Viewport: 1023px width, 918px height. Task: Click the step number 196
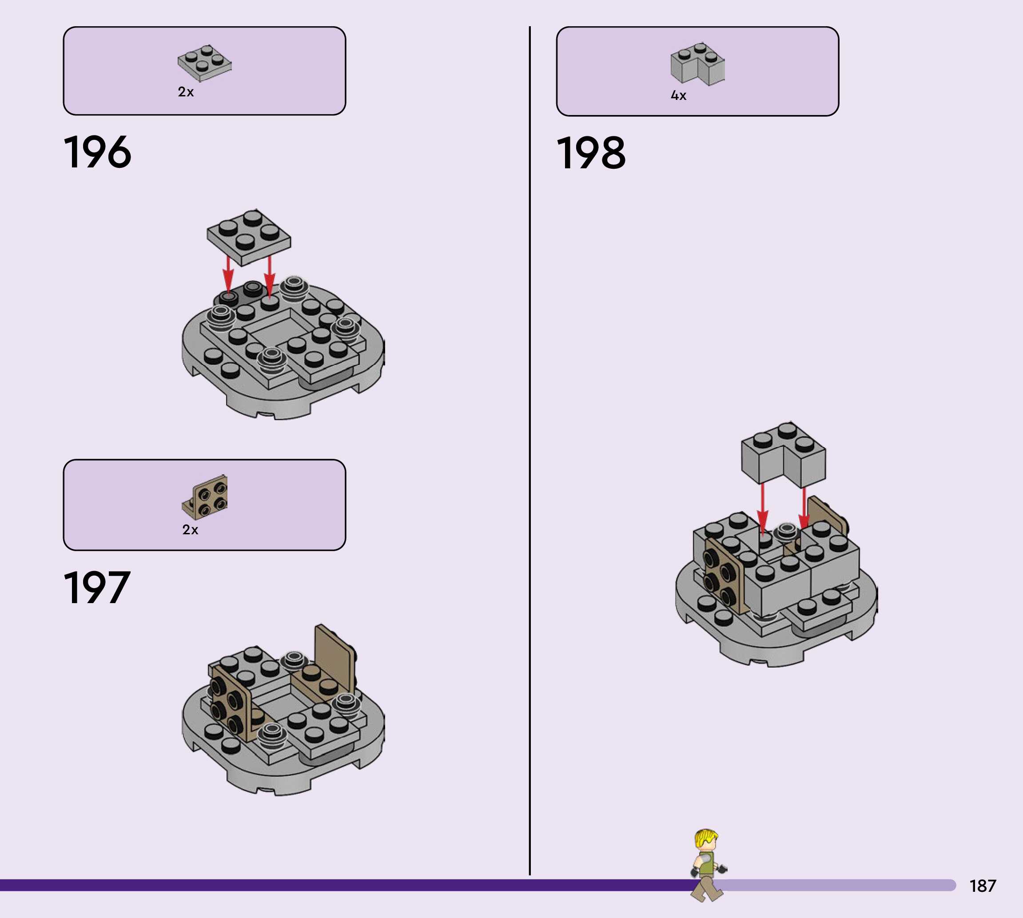point(97,152)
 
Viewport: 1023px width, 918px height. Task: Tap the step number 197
point(97,588)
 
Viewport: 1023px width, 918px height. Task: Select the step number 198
point(591,153)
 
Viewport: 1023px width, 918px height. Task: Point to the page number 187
point(983,886)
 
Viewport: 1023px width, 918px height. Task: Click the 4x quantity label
point(678,96)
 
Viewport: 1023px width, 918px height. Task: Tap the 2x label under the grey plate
point(186,92)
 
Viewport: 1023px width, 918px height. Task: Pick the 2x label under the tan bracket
point(190,529)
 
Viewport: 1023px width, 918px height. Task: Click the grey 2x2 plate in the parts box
point(204,64)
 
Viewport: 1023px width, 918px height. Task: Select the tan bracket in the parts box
point(205,497)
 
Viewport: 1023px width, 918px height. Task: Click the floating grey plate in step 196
point(249,237)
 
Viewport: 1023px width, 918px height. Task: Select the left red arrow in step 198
point(762,507)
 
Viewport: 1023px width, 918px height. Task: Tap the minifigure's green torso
point(707,864)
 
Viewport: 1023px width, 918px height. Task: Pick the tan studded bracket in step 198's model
point(721,575)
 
